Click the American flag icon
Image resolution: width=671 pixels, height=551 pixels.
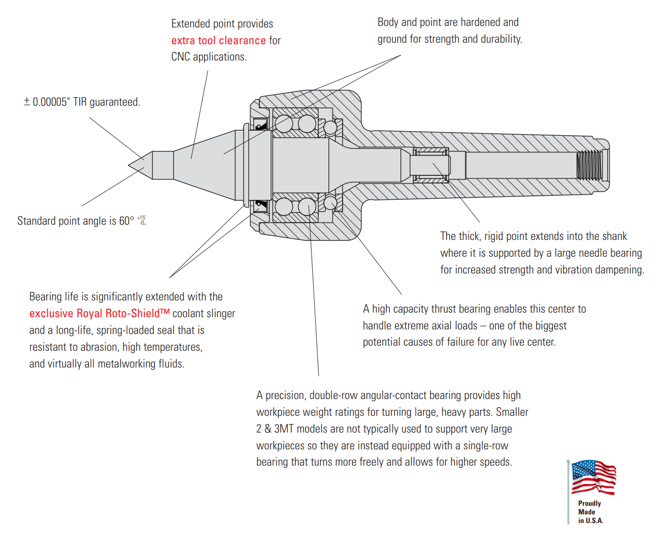(593, 477)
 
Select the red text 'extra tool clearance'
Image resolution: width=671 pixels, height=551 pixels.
(218, 41)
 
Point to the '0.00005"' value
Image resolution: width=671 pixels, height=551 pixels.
(50, 102)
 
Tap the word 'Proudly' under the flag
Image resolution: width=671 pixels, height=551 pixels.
(589, 503)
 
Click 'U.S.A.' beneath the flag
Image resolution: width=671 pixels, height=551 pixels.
(594, 521)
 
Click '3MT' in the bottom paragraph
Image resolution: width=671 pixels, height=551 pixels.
(284, 429)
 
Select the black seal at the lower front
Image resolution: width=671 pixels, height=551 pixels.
(260, 205)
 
